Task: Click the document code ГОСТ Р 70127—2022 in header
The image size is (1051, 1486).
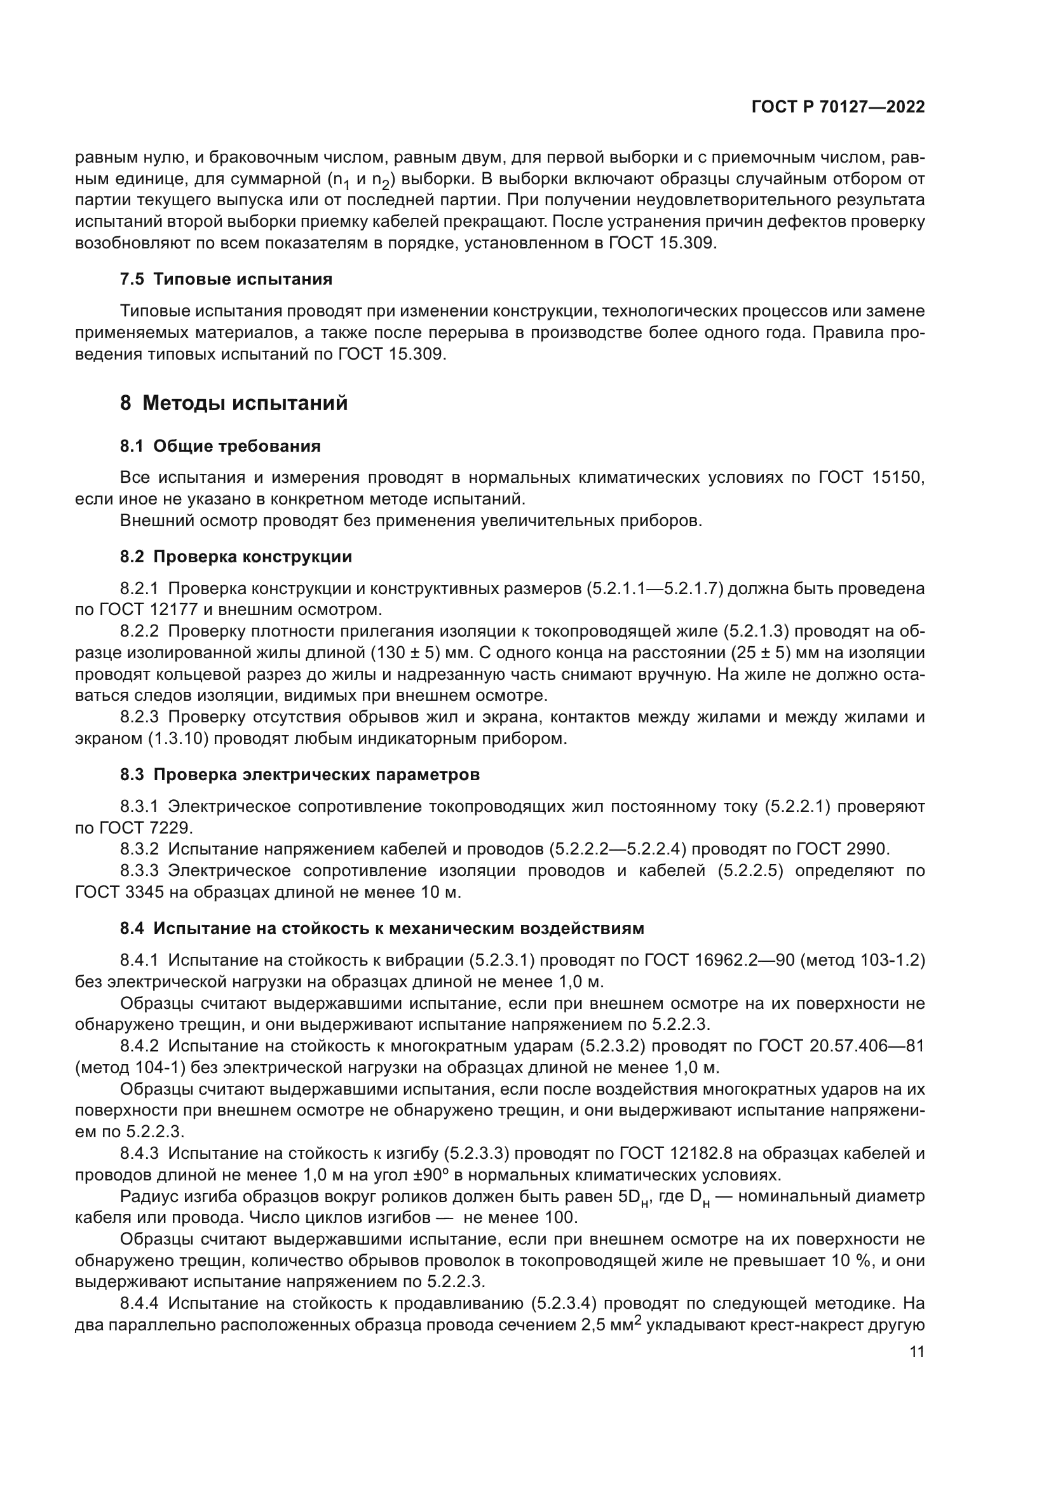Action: coord(838,107)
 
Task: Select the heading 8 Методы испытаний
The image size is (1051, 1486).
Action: coord(234,403)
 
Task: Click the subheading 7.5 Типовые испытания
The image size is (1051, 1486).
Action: coord(226,280)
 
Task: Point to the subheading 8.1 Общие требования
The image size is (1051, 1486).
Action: coord(220,446)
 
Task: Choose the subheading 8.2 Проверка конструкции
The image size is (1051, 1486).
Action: coord(236,557)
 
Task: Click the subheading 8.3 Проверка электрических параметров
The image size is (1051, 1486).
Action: coord(300,774)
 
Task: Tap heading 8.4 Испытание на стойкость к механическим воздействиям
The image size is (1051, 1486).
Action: coord(382,929)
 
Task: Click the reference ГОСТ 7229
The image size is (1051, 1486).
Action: coord(146,828)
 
